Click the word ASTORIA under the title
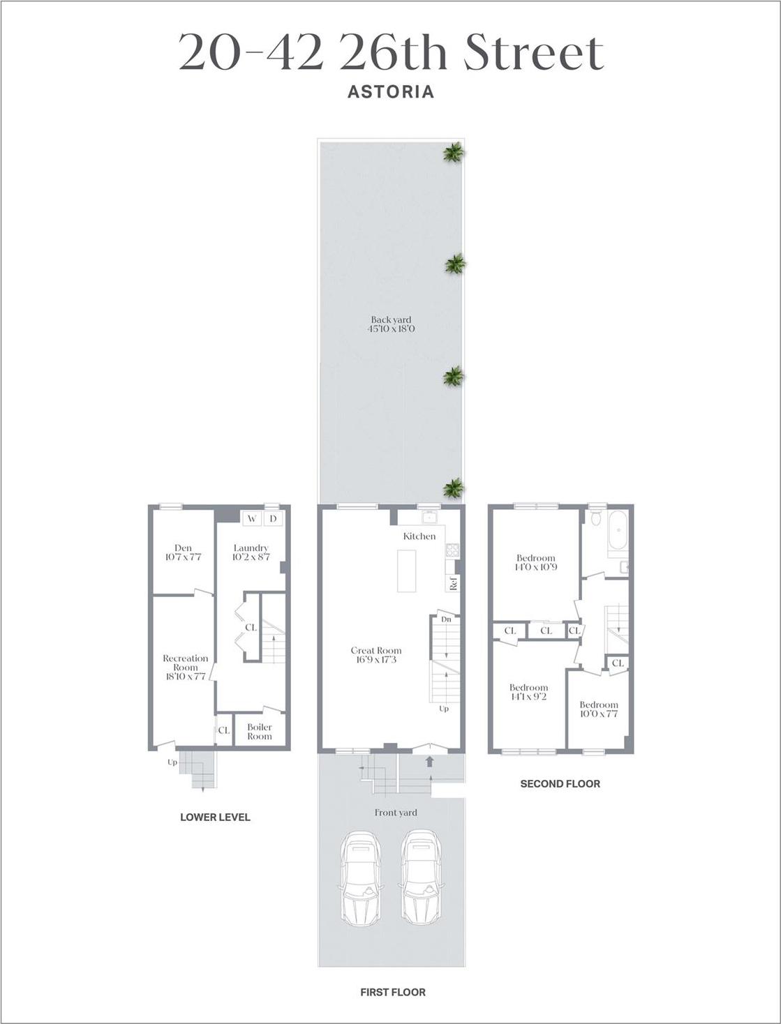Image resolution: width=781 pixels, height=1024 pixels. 391,91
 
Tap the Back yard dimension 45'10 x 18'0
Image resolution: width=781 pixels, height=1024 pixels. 391,329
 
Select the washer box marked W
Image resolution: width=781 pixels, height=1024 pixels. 251,518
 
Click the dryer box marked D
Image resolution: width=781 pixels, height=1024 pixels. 273,518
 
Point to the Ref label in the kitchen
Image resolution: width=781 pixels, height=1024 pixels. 453,583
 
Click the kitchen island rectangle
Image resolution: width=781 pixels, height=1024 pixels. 406,571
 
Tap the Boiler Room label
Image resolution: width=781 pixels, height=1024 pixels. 260,731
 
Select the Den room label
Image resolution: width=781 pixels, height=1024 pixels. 183,548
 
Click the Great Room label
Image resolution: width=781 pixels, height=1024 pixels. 375,651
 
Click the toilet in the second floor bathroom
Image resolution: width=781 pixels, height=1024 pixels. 595,519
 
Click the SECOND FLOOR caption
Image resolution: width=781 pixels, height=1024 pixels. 560,783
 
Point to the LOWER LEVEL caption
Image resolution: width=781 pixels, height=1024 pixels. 215,817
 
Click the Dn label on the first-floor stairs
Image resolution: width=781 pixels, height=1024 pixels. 446,619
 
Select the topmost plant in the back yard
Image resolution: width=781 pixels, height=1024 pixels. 454,153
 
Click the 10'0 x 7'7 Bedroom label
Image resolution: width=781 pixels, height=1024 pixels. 598,709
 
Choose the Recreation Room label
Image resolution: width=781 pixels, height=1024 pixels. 185,667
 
